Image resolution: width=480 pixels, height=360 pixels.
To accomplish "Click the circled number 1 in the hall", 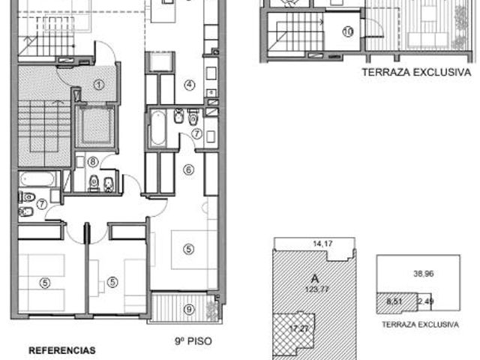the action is [98, 85].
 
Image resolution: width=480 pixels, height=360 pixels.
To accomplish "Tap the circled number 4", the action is [190, 85].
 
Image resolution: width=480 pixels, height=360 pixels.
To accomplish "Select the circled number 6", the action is [188, 169].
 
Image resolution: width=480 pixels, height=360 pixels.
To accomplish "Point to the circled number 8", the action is [93, 162].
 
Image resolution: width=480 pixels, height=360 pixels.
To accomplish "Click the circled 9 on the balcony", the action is [189, 310].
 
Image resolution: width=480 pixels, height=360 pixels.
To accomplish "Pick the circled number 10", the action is [348, 31].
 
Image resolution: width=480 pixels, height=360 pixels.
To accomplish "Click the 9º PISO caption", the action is [193, 341].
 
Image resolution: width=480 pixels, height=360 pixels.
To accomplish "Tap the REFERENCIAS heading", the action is [61, 350].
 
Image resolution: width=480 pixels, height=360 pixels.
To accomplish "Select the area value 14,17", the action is [322, 244].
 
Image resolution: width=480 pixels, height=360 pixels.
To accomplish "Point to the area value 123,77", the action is [316, 289].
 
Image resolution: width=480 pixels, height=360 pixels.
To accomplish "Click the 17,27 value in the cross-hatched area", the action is [299, 328].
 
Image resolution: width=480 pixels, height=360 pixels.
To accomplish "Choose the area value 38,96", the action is [424, 273].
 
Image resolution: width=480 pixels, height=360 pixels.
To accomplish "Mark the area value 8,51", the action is [394, 301].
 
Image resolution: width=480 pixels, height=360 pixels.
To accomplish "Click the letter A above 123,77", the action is [315, 279].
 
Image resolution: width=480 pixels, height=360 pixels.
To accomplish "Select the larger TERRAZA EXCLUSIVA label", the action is [417, 72].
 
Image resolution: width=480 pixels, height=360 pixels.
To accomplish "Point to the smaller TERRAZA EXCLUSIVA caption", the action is [420, 325].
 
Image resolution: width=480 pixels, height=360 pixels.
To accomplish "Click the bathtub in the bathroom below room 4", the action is [158, 127].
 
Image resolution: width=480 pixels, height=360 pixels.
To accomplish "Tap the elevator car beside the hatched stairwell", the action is [95, 126].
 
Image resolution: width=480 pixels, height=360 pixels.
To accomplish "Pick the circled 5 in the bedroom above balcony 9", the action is [188, 249].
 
